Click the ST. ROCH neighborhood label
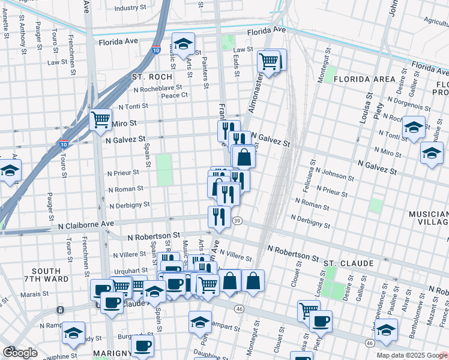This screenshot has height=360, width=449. tap(152, 77)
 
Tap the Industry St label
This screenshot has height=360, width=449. tap(130, 8)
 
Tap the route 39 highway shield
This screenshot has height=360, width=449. tap(238, 221)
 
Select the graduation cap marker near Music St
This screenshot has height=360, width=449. tap(183, 43)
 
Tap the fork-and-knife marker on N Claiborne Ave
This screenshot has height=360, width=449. tap(219, 216)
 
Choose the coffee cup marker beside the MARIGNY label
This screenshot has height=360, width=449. tap(142, 345)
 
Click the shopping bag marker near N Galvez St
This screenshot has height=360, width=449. tap(244, 157)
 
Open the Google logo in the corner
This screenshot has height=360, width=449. tap(20, 353)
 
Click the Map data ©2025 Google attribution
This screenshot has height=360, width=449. tap(412, 355)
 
